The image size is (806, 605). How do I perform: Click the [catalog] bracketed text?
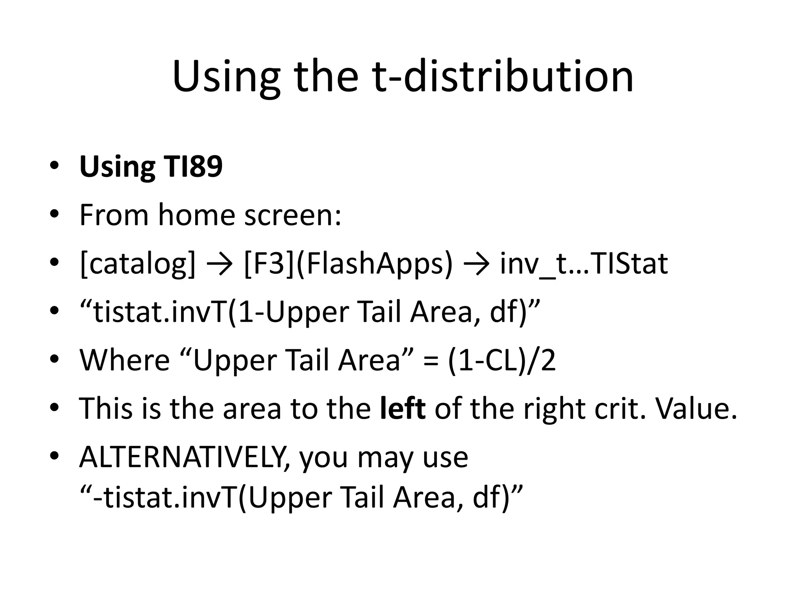(x=137, y=264)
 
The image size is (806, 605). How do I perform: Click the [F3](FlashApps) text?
(x=348, y=264)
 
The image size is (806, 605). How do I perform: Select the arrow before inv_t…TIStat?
(x=477, y=264)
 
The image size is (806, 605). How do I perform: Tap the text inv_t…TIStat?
(x=584, y=264)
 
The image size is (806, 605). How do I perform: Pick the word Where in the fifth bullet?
(x=124, y=360)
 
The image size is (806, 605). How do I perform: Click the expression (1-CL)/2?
(x=502, y=360)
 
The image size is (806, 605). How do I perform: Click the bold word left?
(x=403, y=408)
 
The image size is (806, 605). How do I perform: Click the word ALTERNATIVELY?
(x=185, y=457)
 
